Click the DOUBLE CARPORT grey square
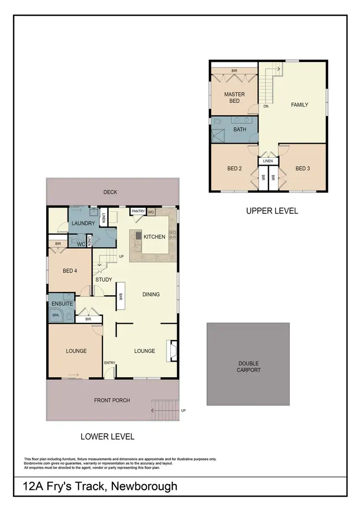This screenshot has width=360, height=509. pyautogui.click(x=249, y=364)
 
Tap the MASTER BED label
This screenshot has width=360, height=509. pyautogui.click(x=234, y=97)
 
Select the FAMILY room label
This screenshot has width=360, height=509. pyautogui.click(x=300, y=105)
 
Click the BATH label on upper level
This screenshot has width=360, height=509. pyautogui.click(x=240, y=130)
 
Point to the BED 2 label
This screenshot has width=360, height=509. pyautogui.click(x=234, y=169)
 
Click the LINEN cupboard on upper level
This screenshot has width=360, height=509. pyautogui.click(x=268, y=161)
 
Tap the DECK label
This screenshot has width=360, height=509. pyautogui.click(x=110, y=192)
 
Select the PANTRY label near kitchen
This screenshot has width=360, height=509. pyautogui.click(x=138, y=211)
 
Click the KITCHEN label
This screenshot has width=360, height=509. pyautogui.click(x=155, y=236)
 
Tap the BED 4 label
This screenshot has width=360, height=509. pyautogui.click(x=70, y=271)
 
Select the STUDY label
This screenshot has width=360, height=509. pyautogui.click(x=104, y=279)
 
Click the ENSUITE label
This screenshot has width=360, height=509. pyautogui.click(x=62, y=303)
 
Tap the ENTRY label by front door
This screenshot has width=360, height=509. pyautogui.click(x=110, y=363)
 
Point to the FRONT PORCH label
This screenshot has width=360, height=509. pyautogui.click(x=112, y=400)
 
